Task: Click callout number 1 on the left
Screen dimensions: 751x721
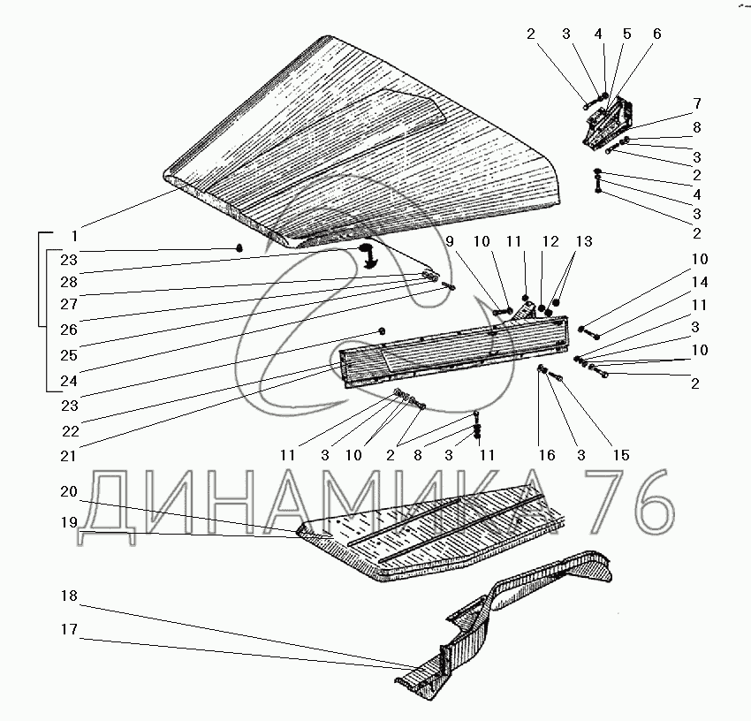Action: [x=75, y=236]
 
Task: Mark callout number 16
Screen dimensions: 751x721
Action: [x=546, y=455]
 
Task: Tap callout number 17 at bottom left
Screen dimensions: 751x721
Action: [x=68, y=630]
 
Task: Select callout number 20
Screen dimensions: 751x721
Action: [x=68, y=491]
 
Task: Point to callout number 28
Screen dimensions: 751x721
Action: [x=68, y=282]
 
